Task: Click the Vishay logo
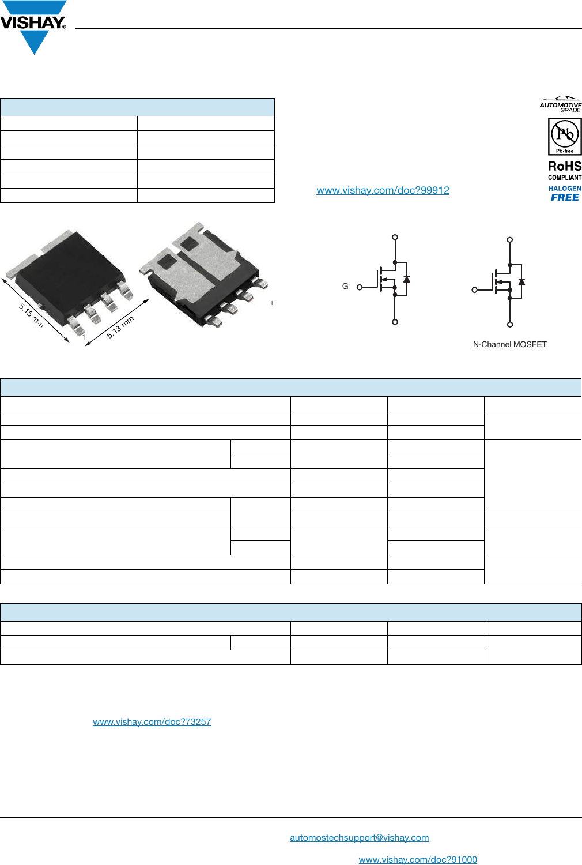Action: point(33,26)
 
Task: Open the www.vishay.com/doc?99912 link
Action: point(383,190)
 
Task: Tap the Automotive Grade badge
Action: point(560,104)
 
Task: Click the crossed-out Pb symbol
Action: point(565,134)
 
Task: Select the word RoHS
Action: point(565,166)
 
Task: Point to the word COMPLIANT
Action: point(565,178)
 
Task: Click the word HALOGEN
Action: point(565,189)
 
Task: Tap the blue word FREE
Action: point(565,197)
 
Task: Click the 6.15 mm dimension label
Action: point(31,315)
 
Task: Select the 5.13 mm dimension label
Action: point(120,327)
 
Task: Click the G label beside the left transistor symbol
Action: point(345,286)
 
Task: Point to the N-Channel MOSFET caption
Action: point(509,344)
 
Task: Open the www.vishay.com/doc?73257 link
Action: point(152,722)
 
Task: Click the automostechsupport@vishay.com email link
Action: point(359,838)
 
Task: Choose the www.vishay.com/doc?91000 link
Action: point(418,860)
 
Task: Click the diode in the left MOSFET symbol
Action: point(407,279)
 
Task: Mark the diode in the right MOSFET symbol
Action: point(521,282)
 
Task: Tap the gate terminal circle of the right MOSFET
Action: point(475,290)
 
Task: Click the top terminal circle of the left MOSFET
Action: point(395,237)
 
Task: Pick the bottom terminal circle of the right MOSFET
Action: point(510,325)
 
